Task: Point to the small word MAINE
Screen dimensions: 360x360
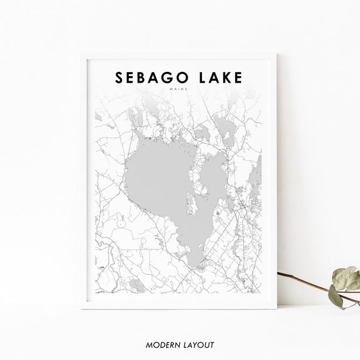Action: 180,89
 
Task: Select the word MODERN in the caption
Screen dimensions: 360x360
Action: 160,345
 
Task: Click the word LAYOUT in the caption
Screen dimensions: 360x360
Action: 197,345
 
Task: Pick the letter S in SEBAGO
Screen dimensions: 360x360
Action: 119,77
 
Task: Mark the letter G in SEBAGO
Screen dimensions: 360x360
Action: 165,77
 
